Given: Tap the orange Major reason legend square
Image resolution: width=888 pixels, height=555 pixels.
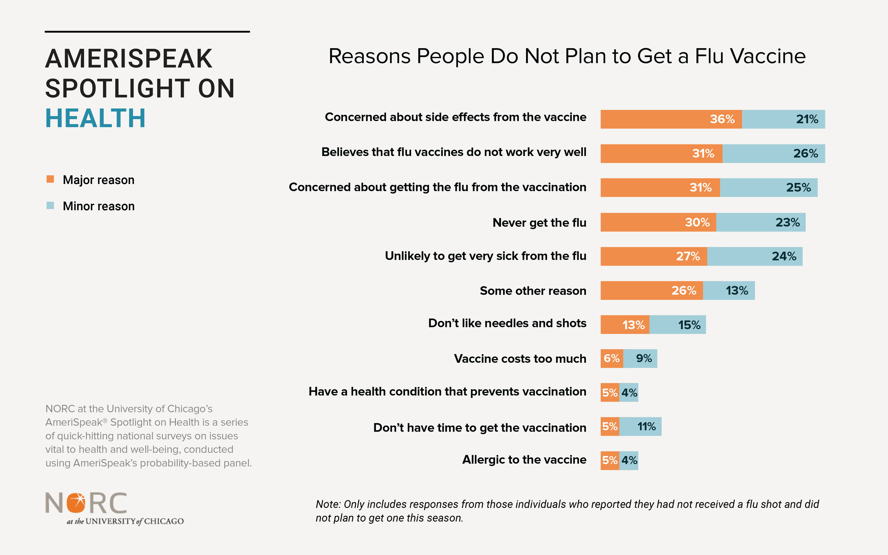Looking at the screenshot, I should [50, 179].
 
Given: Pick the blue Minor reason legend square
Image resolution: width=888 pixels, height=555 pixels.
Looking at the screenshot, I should [50, 205].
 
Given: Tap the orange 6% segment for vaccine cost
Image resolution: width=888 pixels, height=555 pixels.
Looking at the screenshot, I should [612, 358].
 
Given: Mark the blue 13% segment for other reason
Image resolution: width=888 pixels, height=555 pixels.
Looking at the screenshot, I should [729, 290].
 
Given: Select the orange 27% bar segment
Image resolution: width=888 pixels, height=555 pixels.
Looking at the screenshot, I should [654, 256].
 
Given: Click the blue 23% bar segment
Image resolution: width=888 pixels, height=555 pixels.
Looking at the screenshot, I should [761, 222].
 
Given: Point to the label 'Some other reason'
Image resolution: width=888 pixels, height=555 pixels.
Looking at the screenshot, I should [533, 291].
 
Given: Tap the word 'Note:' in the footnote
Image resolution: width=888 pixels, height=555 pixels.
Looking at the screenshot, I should [328, 504].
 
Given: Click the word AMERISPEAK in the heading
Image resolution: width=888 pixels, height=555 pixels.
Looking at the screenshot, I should [129, 59].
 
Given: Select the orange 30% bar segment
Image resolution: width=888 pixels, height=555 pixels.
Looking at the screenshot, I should [658, 222].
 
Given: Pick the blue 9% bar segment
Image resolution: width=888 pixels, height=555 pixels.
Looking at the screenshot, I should [640, 358].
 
